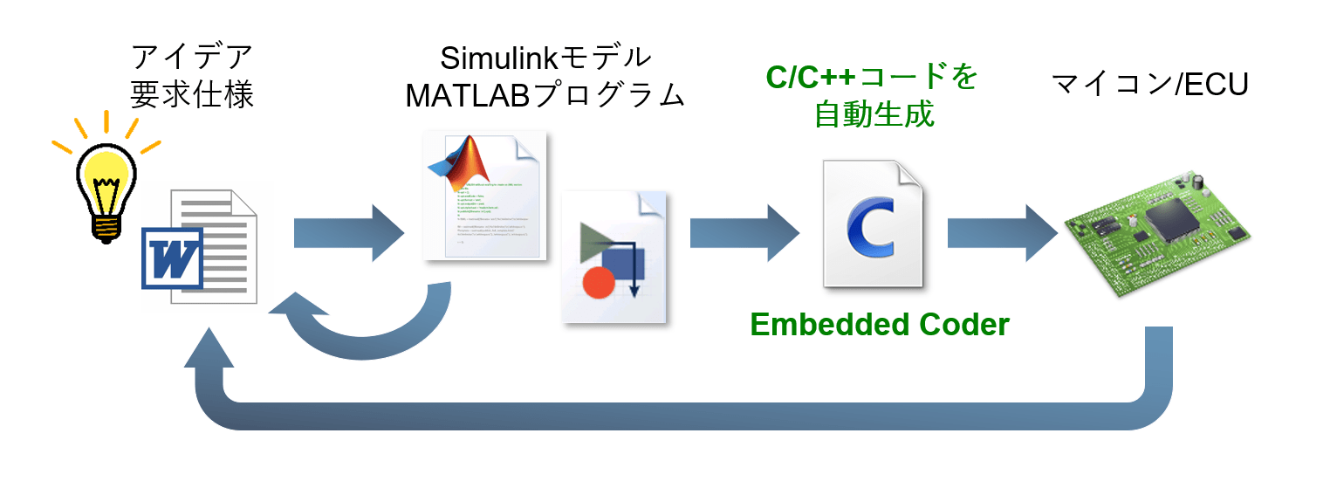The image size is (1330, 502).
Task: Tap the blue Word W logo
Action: (172, 258)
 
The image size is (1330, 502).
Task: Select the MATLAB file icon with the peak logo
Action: (484, 196)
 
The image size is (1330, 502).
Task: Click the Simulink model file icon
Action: (614, 258)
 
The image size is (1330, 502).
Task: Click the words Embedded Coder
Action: (879, 325)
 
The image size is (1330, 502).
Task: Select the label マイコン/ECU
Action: (1149, 84)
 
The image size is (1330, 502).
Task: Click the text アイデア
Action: (192, 58)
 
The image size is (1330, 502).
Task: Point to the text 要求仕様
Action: (192, 94)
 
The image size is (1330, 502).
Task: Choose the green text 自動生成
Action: (874, 114)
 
